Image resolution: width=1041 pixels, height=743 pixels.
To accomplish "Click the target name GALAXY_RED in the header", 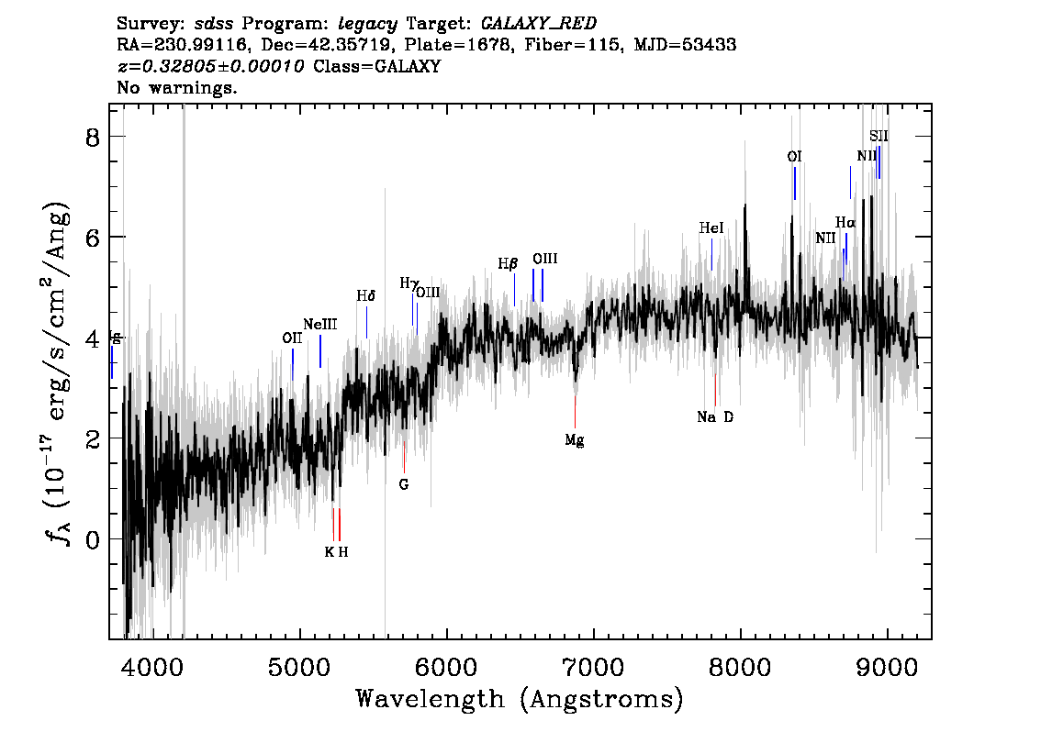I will tap(532, 20).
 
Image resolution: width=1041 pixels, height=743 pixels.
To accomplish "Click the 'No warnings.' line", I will tap(177, 89).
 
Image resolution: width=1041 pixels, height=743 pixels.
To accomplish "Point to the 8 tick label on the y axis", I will tap(91, 137).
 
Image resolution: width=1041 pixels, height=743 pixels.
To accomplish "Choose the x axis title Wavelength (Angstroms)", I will tap(519, 699).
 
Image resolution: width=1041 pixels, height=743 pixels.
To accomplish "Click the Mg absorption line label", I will tap(575, 440).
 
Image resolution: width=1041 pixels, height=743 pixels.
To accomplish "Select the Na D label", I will tap(715, 417).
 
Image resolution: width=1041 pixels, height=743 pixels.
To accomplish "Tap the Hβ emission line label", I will tap(508, 264).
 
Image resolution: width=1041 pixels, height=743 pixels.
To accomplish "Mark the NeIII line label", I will tap(320, 324).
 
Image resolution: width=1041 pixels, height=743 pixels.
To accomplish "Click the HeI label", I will tap(711, 228).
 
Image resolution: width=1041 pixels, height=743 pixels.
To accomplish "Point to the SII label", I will tap(879, 137).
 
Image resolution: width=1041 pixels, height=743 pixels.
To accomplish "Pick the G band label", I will tap(404, 484).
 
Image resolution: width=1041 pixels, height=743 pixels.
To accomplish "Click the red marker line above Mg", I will tap(576, 411).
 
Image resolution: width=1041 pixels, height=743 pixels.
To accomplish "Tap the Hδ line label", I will tap(366, 296).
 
